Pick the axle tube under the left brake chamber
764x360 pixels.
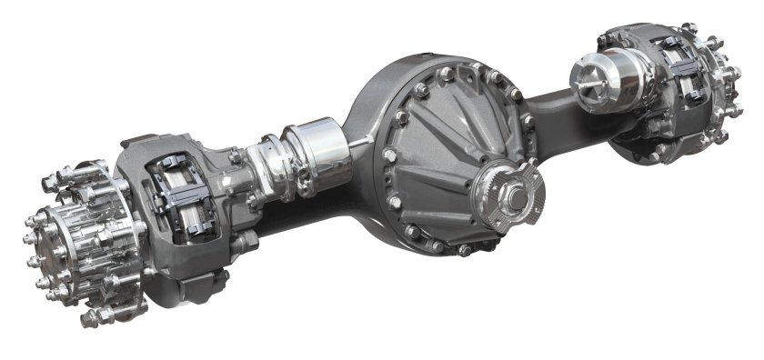pyautogui.click(x=291, y=214)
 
